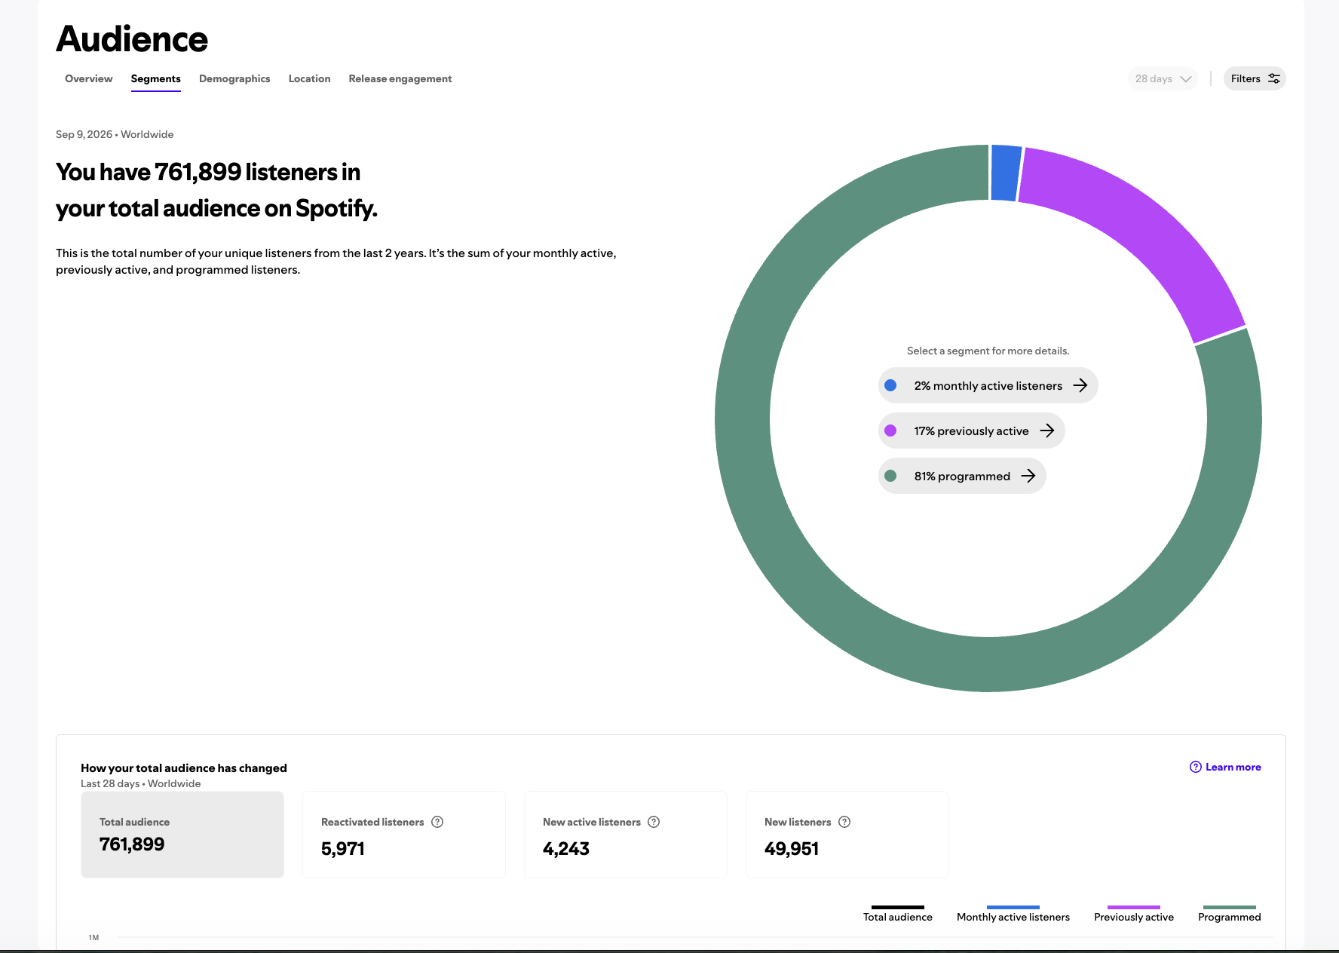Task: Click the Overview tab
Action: [x=88, y=78]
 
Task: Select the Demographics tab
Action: [x=234, y=78]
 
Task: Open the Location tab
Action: [x=309, y=78]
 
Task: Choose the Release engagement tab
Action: [x=400, y=78]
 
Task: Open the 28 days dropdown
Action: [x=1163, y=78]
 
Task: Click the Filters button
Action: [x=1255, y=78]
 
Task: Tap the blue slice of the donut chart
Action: [x=1006, y=173]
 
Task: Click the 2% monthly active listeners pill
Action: [x=988, y=385]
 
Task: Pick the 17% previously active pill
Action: [x=971, y=431]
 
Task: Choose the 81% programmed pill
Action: [x=962, y=476]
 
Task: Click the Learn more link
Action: [x=1225, y=767]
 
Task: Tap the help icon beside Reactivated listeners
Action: [x=437, y=822]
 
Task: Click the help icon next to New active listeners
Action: [x=654, y=822]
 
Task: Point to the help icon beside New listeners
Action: [x=844, y=822]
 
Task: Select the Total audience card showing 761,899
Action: [x=182, y=835]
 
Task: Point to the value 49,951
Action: [x=792, y=849]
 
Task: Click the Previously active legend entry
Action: [x=1134, y=914]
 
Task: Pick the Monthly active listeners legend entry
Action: [x=1013, y=914]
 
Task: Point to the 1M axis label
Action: [x=93, y=938]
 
